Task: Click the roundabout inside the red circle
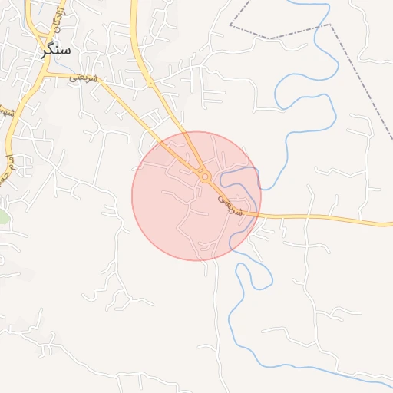coord(205,177)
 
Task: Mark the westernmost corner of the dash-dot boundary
coord(230,25)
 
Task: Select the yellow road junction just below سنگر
coord(44,74)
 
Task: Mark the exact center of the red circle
coord(196,196)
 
